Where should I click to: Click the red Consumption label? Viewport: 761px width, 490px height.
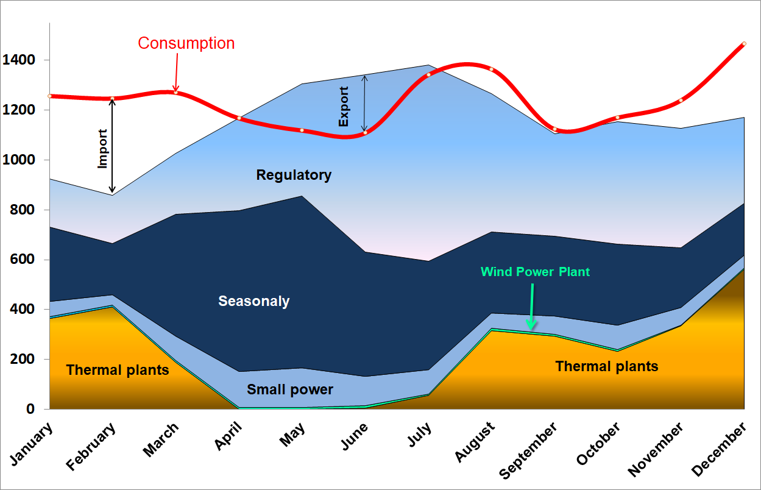click(186, 43)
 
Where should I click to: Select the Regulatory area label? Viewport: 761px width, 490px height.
click(294, 176)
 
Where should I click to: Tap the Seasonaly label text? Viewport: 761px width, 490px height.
click(254, 301)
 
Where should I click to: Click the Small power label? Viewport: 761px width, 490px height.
click(290, 389)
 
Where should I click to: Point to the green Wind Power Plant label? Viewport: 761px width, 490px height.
click(535, 272)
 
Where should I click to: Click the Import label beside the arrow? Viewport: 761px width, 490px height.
click(103, 148)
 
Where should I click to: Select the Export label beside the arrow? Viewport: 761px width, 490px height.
click(344, 107)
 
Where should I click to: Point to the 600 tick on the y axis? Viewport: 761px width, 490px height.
click(22, 260)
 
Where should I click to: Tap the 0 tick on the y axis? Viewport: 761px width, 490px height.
click(30, 409)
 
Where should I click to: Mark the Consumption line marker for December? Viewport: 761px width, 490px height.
click(744, 44)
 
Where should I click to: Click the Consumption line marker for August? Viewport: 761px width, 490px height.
click(491, 69)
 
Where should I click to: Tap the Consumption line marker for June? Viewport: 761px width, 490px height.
click(365, 133)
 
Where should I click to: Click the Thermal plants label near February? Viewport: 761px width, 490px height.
click(118, 370)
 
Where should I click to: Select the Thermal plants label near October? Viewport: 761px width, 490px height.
click(607, 366)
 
